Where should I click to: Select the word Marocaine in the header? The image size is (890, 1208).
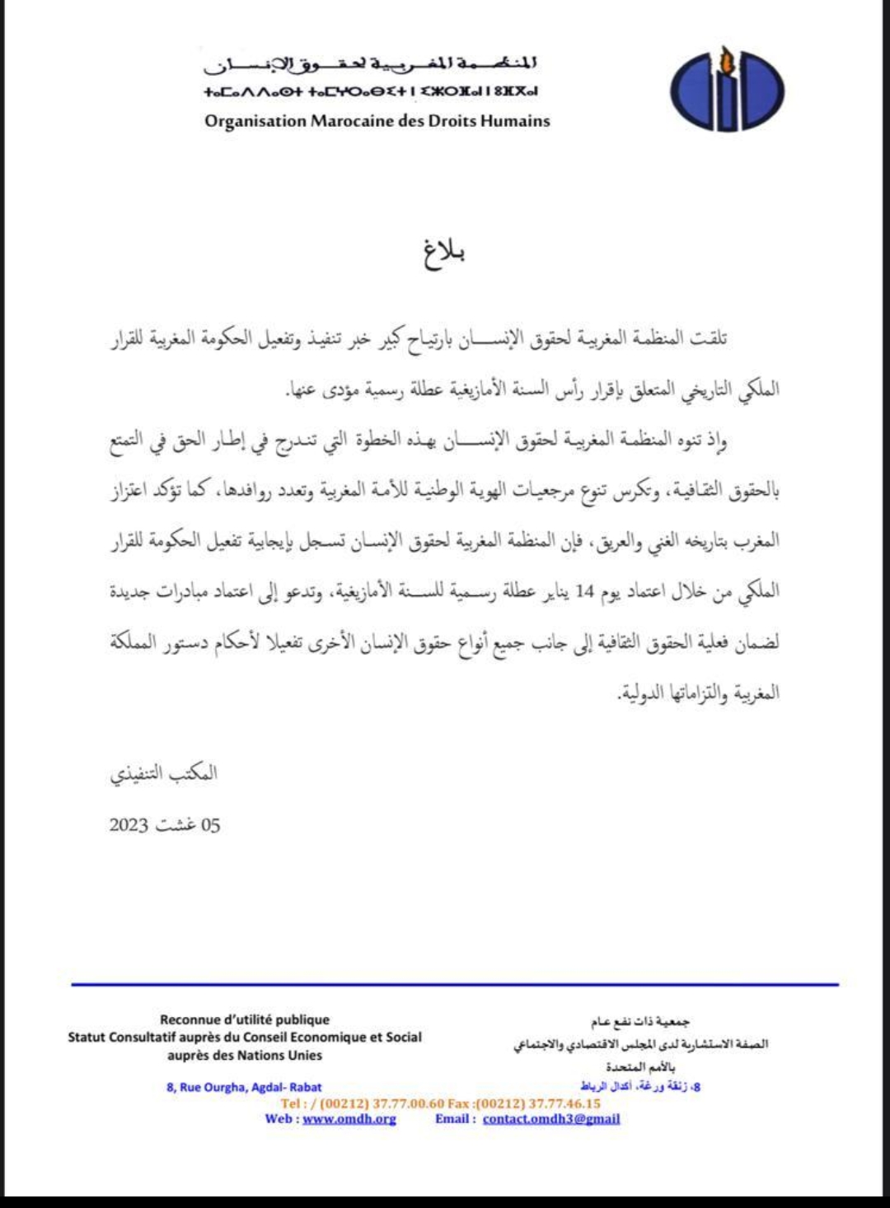coord(352,121)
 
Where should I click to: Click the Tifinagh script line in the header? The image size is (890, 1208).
coord(371,91)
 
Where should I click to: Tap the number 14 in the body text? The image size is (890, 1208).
coord(584,591)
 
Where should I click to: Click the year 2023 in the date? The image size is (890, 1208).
coord(129,825)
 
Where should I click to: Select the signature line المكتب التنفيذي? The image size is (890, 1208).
coord(164,773)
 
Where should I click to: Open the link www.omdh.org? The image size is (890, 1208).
coord(349,1119)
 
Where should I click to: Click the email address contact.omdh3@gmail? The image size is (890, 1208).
coord(551,1119)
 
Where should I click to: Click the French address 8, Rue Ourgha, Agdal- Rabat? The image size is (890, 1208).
coord(244,1087)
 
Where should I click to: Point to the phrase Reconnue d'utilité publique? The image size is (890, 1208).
coord(245,1019)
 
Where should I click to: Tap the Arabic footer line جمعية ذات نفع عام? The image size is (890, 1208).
coord(640,1022)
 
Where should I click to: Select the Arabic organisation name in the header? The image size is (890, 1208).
coord(371,63)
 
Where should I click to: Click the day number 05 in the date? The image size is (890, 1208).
coord(210,825)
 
